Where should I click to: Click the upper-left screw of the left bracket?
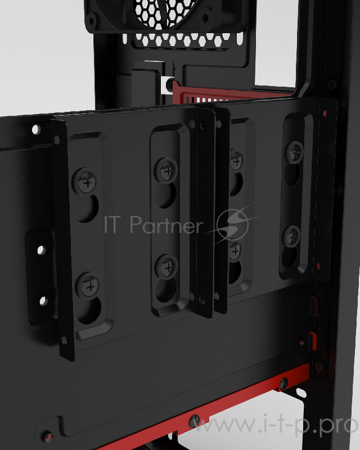pyautogui.click(x=87, y=181)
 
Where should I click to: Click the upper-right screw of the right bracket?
pyautogui.click(x=295, y=150)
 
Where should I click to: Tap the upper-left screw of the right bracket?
pyautogui.click(x=236, y=161)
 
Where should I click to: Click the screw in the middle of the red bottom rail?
pyautogui.click(x=194, y=420)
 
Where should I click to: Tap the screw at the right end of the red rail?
pyautogui.click(x=282, y=383)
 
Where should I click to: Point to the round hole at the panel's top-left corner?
pyautogui.click(x=36, y=130)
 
